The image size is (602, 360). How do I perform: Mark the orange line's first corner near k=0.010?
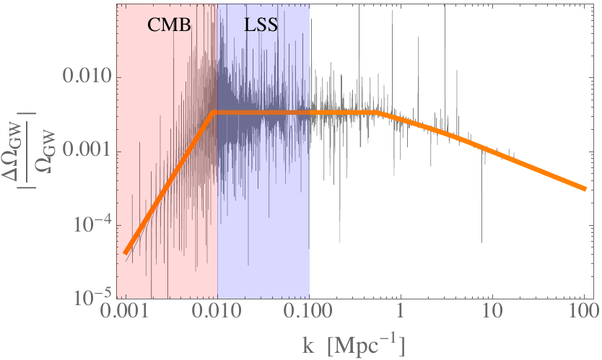coord(214,113)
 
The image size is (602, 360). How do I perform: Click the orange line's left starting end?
coord(126,253)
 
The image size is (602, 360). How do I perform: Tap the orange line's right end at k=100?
coord(584,188)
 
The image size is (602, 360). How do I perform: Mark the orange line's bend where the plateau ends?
coord(378,113)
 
